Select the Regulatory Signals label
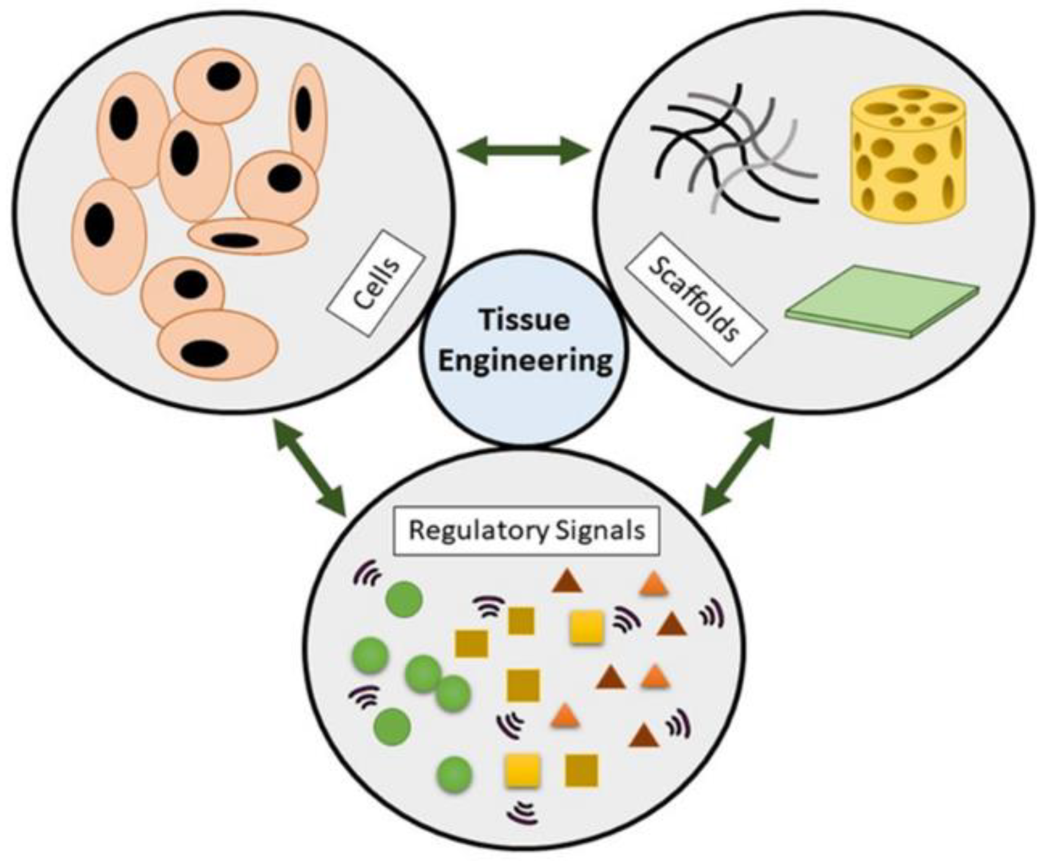tap(527, 530)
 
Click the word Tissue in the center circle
tap(525, 320)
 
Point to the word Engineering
tap(525, 360)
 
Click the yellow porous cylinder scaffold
tap(908, 152)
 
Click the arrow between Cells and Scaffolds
tap(525, 150)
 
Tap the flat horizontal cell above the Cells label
tap(247, 237)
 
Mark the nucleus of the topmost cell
tap(224, 76)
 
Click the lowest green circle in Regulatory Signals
tap(455, 774)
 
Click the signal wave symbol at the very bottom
tap(522, 812)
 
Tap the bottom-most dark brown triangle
tap(644, 736)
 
